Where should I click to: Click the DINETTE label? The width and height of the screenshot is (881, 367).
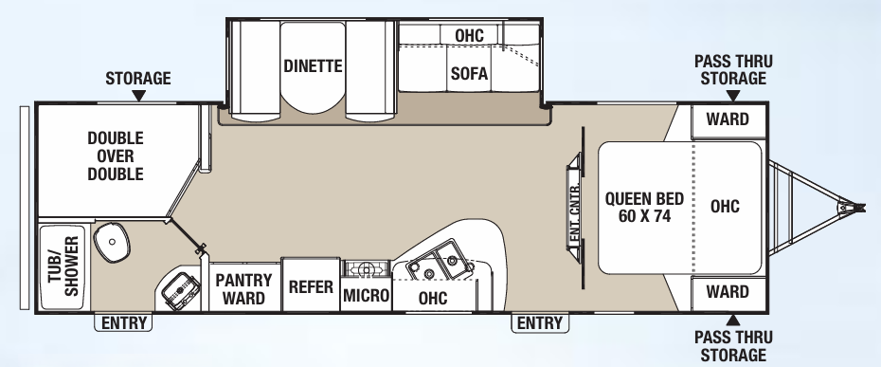[x=312, y=66]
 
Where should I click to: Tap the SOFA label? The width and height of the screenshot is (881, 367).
[x=469, y=74]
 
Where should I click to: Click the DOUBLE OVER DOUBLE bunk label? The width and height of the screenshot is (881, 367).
[x=116, y=156]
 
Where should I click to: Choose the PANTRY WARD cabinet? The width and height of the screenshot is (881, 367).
[x=244, y=288]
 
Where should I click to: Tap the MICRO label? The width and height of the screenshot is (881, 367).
[x=367, y=295]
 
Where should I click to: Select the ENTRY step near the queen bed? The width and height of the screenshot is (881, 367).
[x=539, y=323]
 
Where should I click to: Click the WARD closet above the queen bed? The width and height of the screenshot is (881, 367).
[x=728, y=119]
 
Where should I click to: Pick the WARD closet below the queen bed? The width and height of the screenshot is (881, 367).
[x=728, y=292]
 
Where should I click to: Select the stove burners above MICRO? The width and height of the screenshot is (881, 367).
[x=366, y=268]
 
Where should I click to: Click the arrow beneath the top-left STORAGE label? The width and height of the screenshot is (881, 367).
[x=138, y=96]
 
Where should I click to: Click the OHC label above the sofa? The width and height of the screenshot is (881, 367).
[x=469, y=35]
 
